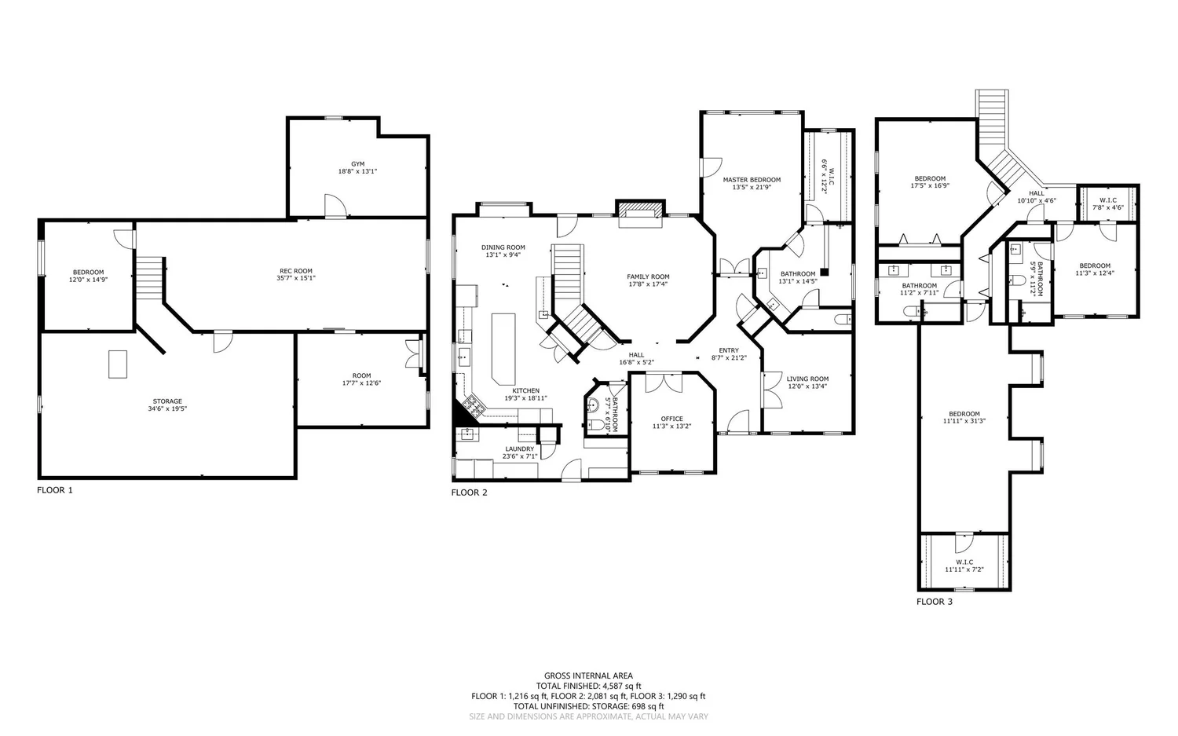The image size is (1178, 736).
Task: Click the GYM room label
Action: click(357, 164)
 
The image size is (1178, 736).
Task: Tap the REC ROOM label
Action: click(296, 271)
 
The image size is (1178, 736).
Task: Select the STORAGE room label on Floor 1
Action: click(167, 401)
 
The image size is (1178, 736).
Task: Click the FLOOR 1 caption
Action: click(55, 490)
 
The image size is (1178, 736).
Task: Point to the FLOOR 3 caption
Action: click(935, 602)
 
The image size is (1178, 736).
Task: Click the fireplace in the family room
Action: click(640, 214)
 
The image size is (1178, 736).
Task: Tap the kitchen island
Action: click(503, 349)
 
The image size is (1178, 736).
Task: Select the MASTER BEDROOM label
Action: click(752, 180)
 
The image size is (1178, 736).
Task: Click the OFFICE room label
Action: click(671, 419)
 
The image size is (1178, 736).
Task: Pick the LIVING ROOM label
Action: click(807, 379)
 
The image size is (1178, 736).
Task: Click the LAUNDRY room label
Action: click(520, 449)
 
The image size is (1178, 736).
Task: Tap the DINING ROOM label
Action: click(503, 247)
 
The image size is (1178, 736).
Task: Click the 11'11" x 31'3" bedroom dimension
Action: click(964, 421)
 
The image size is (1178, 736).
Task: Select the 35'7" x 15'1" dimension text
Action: click(296, 278)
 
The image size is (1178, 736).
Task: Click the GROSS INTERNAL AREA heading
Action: click(588, 676)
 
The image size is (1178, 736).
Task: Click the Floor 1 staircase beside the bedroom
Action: click(150, 278)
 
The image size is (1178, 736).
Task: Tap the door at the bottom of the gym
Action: click(335, 207)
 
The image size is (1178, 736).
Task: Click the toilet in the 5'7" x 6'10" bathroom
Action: click(596, 424)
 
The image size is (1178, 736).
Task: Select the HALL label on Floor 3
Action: click(1037, 193)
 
